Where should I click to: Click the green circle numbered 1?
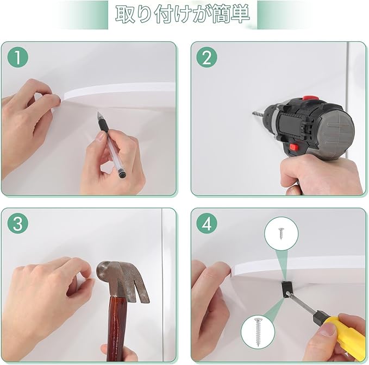(18, 57)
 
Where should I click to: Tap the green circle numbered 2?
(207, 57)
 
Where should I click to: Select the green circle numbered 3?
(18, 223)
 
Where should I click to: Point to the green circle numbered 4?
(207, 223)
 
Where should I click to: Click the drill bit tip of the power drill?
(253, 114)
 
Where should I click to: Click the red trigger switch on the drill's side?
(294, 147)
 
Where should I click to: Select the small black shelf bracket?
(286, 290)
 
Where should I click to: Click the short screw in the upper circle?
(281, 234)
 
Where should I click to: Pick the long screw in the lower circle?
(257, 332)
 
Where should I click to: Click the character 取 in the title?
(126, 15)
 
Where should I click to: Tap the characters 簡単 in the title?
(230, 14)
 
